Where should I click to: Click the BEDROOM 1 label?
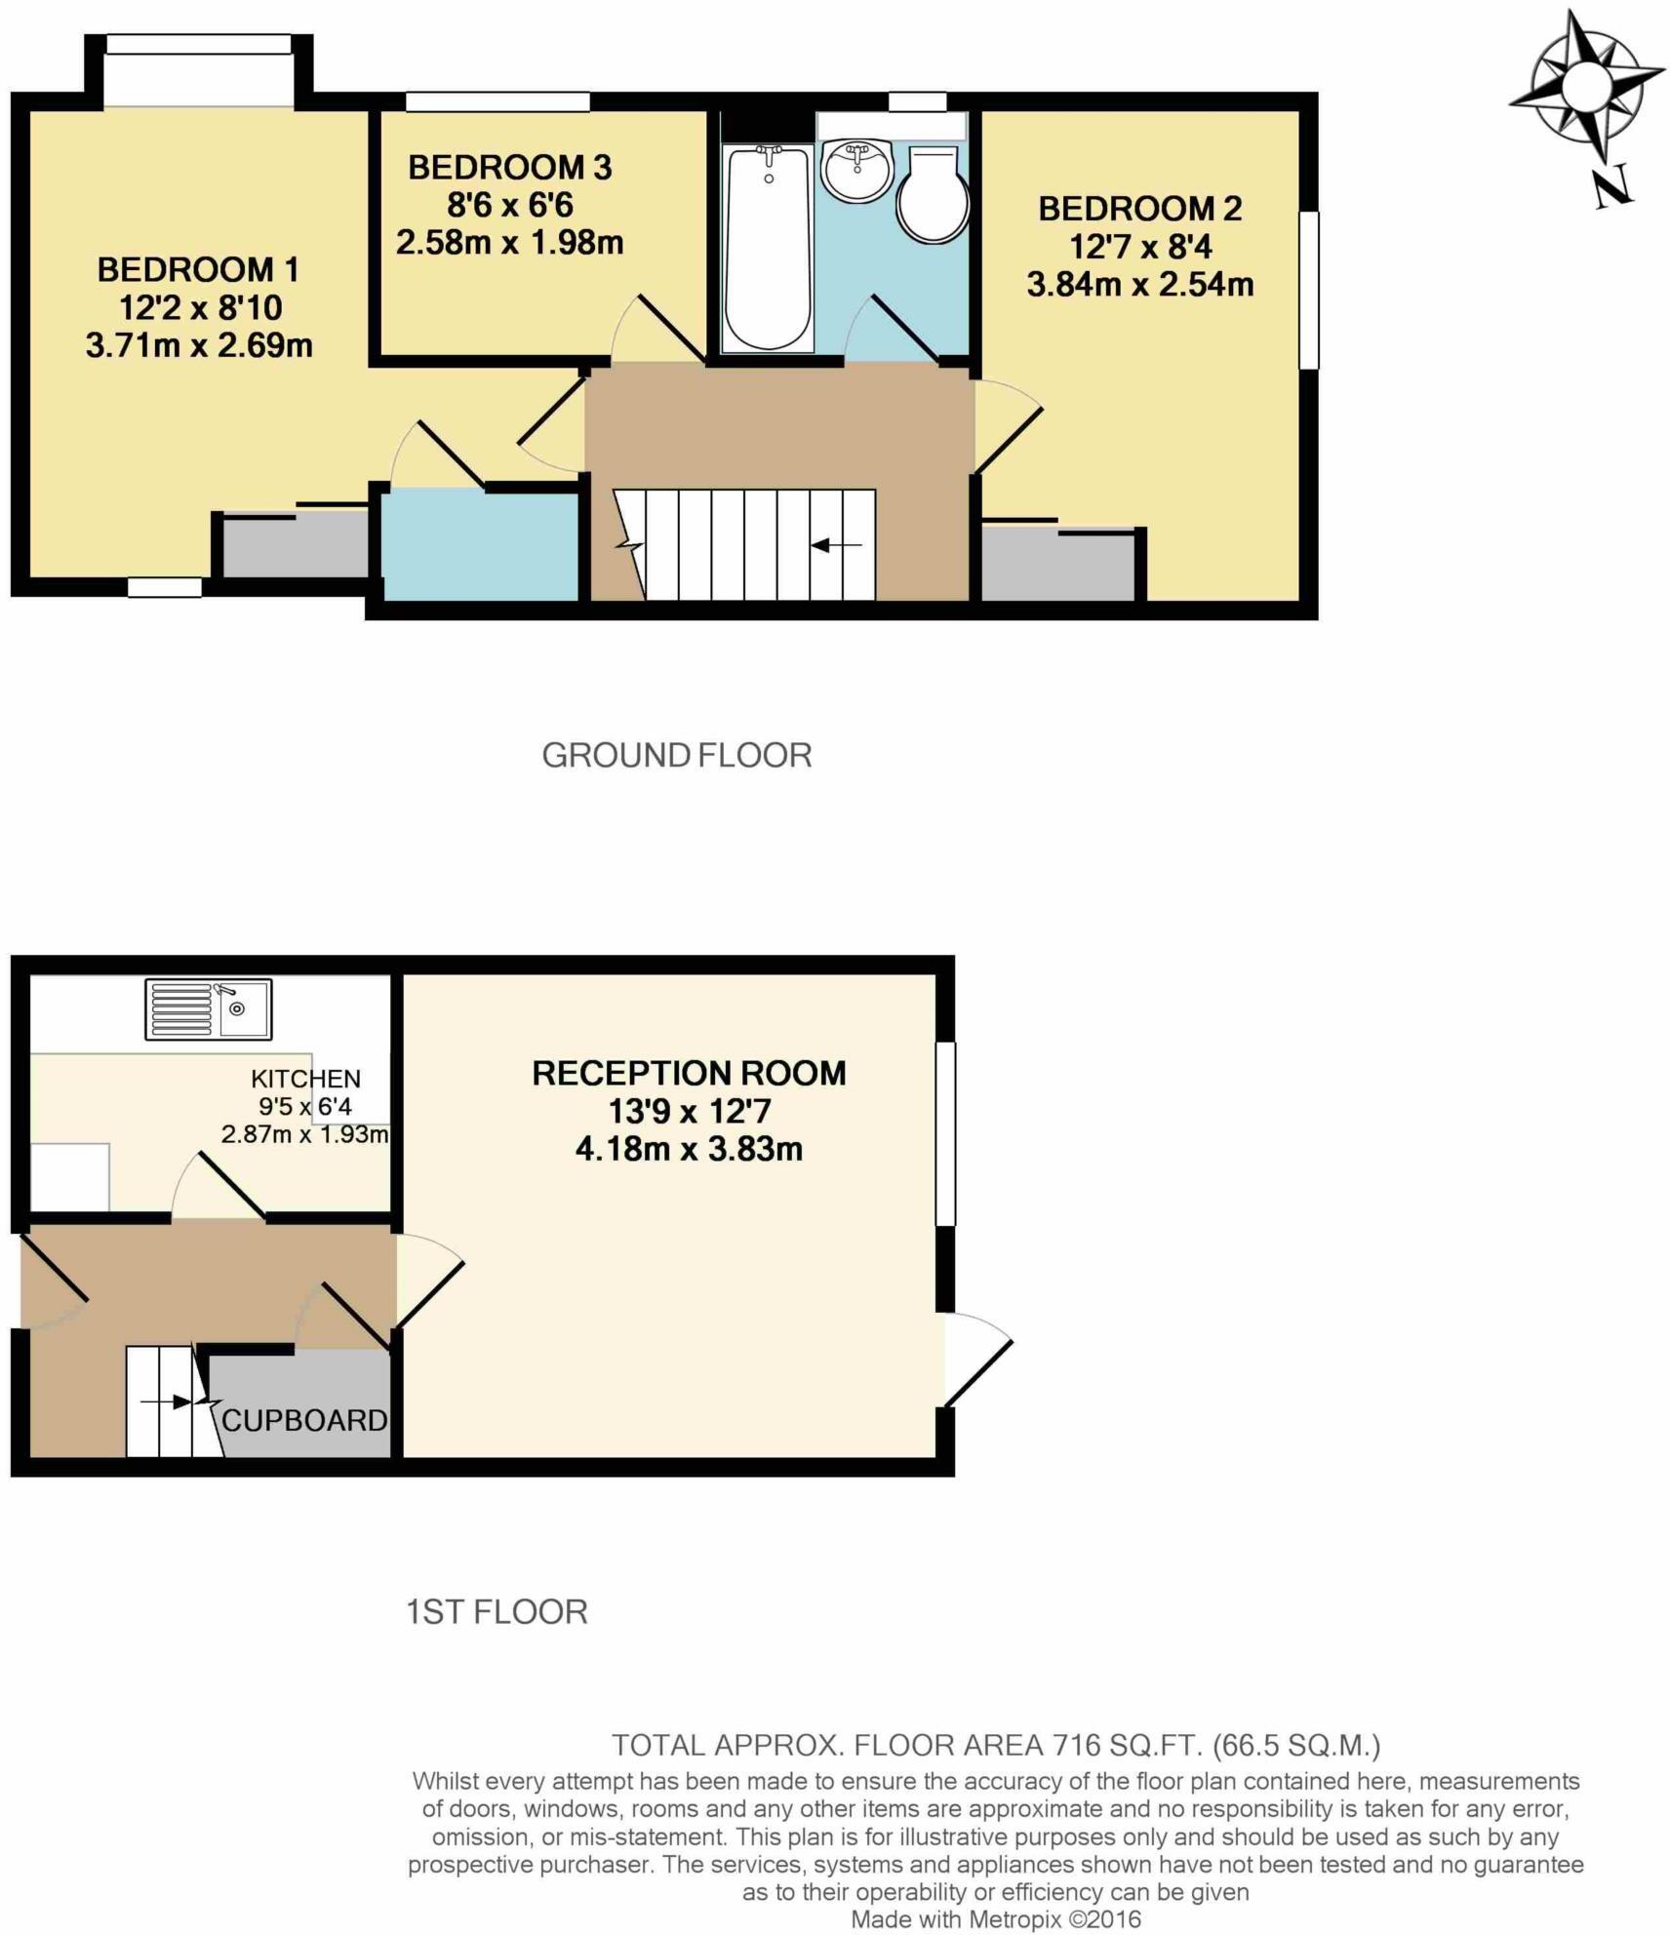198,270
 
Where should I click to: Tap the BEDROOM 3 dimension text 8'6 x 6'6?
509,206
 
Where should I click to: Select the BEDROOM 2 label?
1139,209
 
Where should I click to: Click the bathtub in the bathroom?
768,249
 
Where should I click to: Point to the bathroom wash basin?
855,171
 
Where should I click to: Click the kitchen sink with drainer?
209,1009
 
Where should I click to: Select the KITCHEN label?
305,1079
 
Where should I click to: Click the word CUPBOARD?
304,1421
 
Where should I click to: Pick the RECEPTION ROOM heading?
689,1074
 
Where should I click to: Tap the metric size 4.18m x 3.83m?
689,1149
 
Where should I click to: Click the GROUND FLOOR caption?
676,755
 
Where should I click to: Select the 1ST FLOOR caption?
497,1612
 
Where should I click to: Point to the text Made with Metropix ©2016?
995,1919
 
